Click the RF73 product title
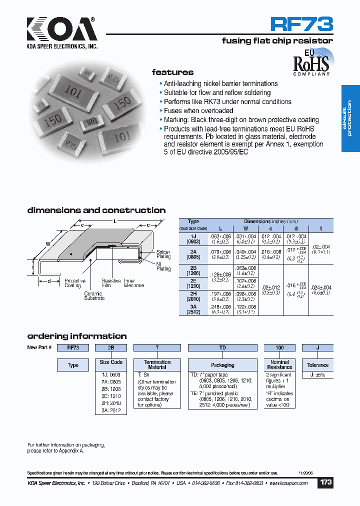(301, 23)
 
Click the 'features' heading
(172, 72)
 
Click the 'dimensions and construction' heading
(96, 210)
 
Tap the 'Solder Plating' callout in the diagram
(163, 254)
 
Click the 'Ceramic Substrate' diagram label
(94, 296)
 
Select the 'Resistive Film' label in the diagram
(111, 283)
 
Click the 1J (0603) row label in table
(193, 238)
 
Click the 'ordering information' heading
(76, 336)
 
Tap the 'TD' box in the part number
(222, 347)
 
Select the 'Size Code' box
(110, 362)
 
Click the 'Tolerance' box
(317, 365)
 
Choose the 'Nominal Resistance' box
(279, 364)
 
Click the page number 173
(325, 483)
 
